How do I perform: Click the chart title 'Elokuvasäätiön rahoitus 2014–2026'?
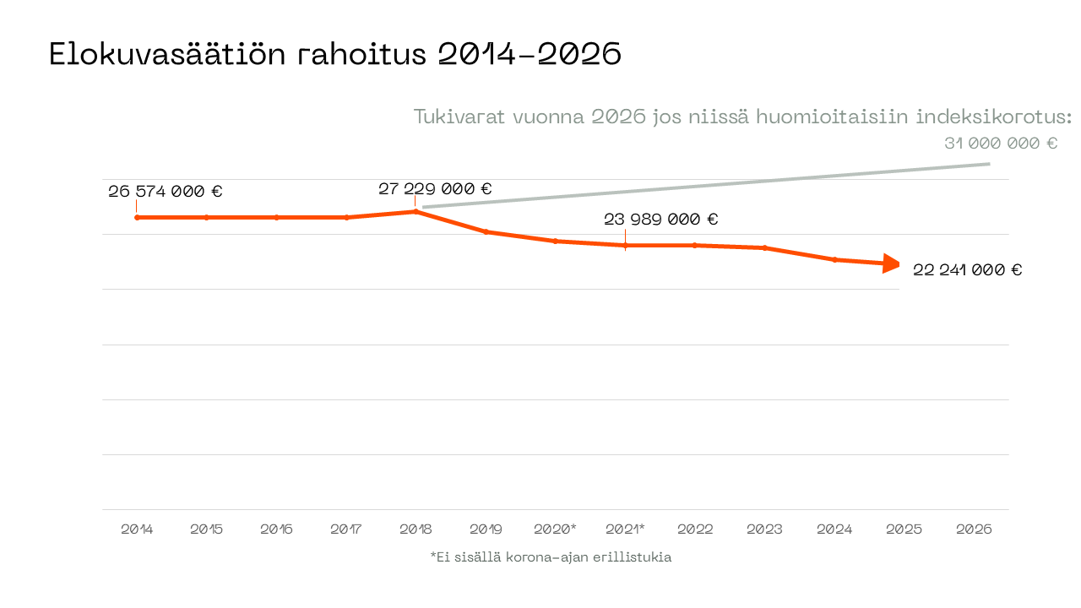click(x=335, y=55)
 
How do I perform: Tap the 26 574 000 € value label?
click(x=166, y=192)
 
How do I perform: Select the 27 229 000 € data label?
click(x=435, y=188)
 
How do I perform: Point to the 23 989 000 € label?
click(x=660, y=220)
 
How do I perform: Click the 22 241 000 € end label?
click(x=967, y=270)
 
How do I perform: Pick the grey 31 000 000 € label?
click(x=1001, y=144)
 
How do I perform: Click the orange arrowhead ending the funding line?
click(x=892, y=263)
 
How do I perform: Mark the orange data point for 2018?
click(x=416, y=211)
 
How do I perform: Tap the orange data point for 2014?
click(x=137, y=218)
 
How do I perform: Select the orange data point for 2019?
click(x=486, y=231)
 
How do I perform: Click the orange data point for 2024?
click(x=835, y=259)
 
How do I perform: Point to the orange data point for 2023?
click(x=765, y=247)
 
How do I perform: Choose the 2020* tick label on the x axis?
click(x=555, y=529)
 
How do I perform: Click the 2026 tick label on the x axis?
click(x=974, y=529)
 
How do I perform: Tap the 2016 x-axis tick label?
click(x=276, y=529)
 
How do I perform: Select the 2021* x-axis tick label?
click(x=625, y=529)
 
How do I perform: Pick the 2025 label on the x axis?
click(x=904, y=529)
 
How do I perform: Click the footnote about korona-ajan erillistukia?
click(x=551, y=557)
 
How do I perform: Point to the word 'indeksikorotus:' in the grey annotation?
click(x=1008, y=117)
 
